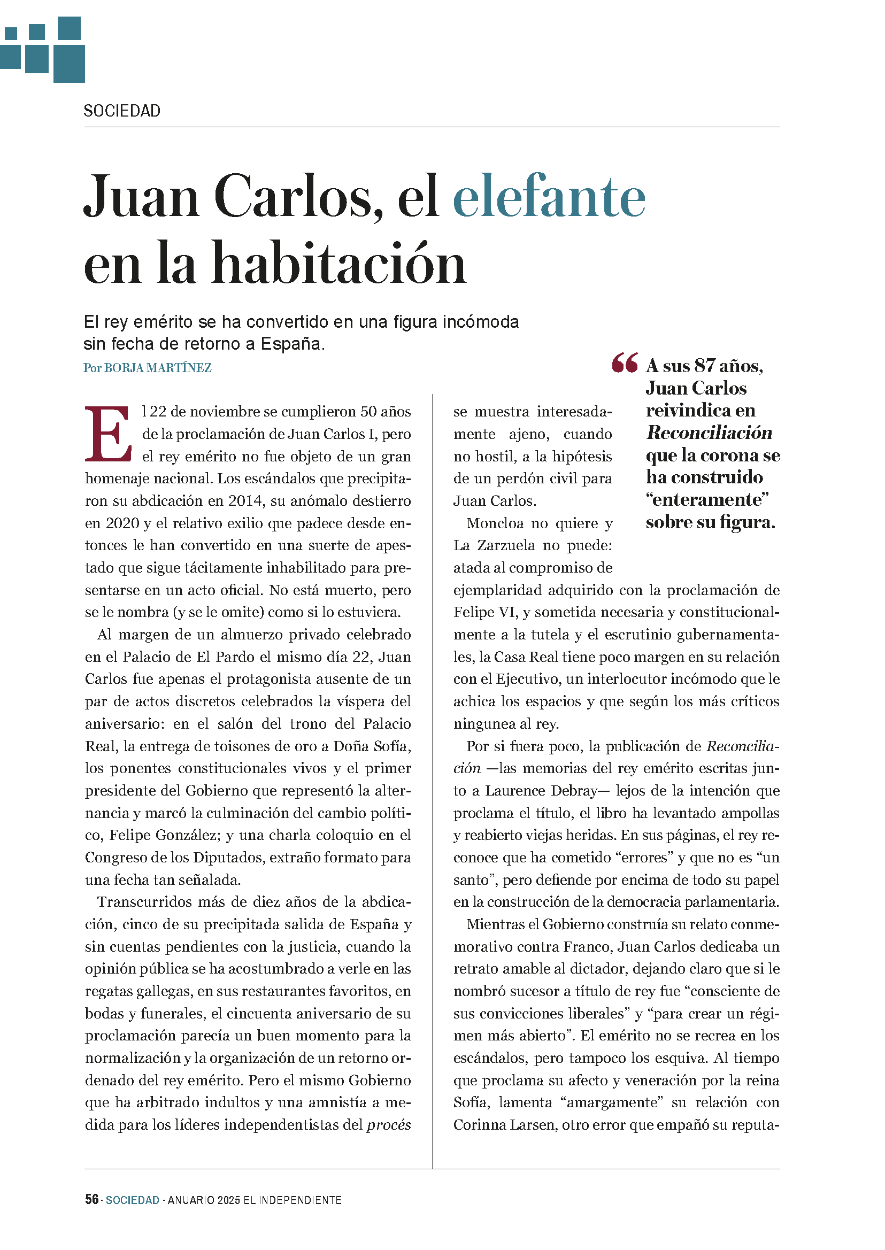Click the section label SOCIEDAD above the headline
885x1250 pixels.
click(x=122, y=111)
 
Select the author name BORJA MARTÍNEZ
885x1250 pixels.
click(x=158, y=368)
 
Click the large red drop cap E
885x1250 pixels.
click(x=107, y=434)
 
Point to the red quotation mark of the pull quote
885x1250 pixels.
click(x=624, y=363)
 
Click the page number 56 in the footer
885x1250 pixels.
click(x=91, y=1199)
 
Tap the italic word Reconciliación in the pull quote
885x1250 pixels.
click(x=709, y=433)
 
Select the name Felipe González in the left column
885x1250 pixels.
click(x=163, y=835)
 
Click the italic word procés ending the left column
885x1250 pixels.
click(x=389, y=1125)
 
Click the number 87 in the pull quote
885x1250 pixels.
click(x=704, y=366)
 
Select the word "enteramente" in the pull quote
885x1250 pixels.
click(x=707, y=500)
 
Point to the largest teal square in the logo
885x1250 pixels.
click(x=69, y=64)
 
